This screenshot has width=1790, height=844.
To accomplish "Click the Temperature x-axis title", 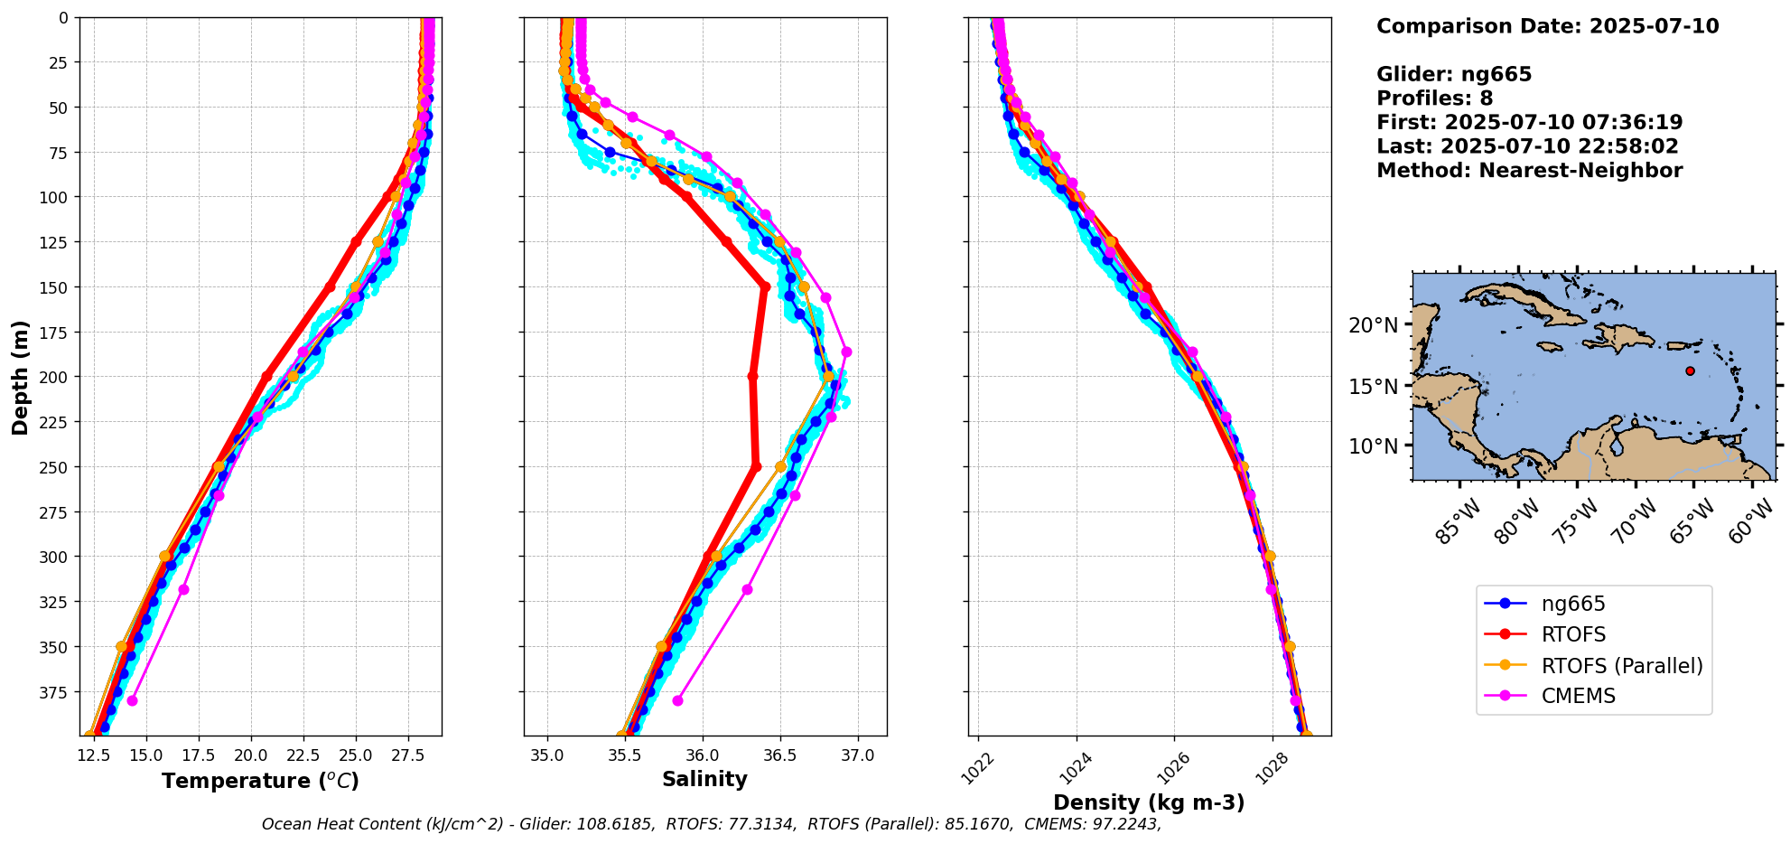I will click(260, 781).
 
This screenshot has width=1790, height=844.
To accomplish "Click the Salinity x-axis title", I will click(704, 780).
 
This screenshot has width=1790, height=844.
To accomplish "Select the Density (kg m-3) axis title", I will click(1149, 802).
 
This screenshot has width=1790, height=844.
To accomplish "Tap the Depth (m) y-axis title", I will click(20, 377).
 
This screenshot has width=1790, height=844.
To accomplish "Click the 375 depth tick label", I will click(56, 692).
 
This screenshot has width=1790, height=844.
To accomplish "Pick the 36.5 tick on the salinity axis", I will click(780, 755).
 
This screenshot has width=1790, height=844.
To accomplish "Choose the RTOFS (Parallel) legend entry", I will click(1621, 666).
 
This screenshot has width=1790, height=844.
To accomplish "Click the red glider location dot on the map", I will click(1690, 371).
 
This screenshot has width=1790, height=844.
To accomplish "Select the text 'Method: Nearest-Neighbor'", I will click(1529, 171).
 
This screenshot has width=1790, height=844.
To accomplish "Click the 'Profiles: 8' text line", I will click(1434, 98).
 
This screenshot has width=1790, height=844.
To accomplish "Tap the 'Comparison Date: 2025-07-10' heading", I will click(1547, 26).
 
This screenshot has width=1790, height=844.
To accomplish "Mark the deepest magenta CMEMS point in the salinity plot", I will click(677, 700).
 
